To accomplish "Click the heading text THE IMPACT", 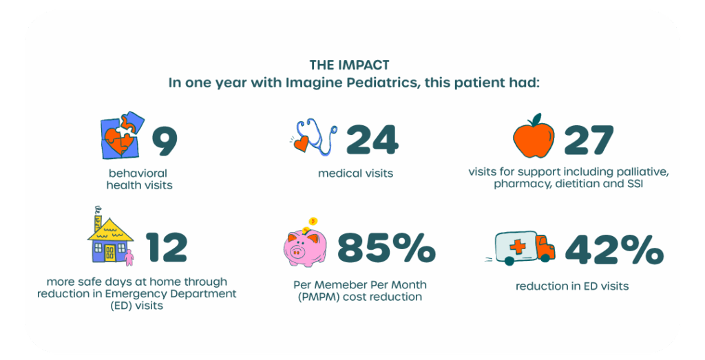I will (x=349, y=65).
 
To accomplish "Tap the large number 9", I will (x=165, y=140).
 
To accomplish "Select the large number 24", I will (x=372, y=140).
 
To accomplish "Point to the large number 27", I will (x=589, y=140).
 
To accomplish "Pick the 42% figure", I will (x=613, y=249).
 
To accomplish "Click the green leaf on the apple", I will (x=536, y=120).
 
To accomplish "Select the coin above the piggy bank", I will (x=313, y=222).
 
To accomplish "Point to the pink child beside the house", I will (x=129, y=257).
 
